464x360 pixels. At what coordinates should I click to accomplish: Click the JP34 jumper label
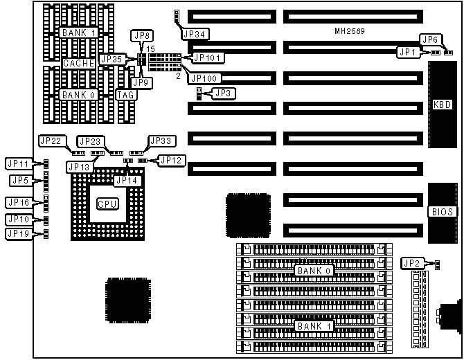click(x=195, y=33)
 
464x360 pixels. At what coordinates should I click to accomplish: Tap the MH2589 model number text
click(x=350, y=32)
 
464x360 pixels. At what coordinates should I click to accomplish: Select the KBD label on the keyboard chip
click(x=443, y=105)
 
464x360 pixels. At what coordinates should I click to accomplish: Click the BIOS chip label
click(x=443, y=213)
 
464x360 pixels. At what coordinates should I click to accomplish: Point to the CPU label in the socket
click(x=107, y=204)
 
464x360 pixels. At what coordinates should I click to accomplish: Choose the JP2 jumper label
click(x=412, y=262)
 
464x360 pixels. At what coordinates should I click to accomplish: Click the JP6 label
click(x=430, y=39)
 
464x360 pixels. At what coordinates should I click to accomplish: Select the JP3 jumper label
click(x=222, y=93)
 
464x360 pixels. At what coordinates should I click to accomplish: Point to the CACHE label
click(x=78, y=63)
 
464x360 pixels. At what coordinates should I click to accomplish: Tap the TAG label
click(x=125, y=95)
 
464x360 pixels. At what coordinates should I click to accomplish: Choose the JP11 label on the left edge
click(x=17, y=164)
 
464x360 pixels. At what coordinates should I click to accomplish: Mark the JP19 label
click(x=17, y=233)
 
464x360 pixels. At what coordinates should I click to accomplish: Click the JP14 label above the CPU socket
click(x=127, y=180)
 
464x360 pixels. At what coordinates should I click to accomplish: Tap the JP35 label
click(x=111, y=60)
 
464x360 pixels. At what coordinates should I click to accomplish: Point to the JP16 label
click(x=17, y=202)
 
